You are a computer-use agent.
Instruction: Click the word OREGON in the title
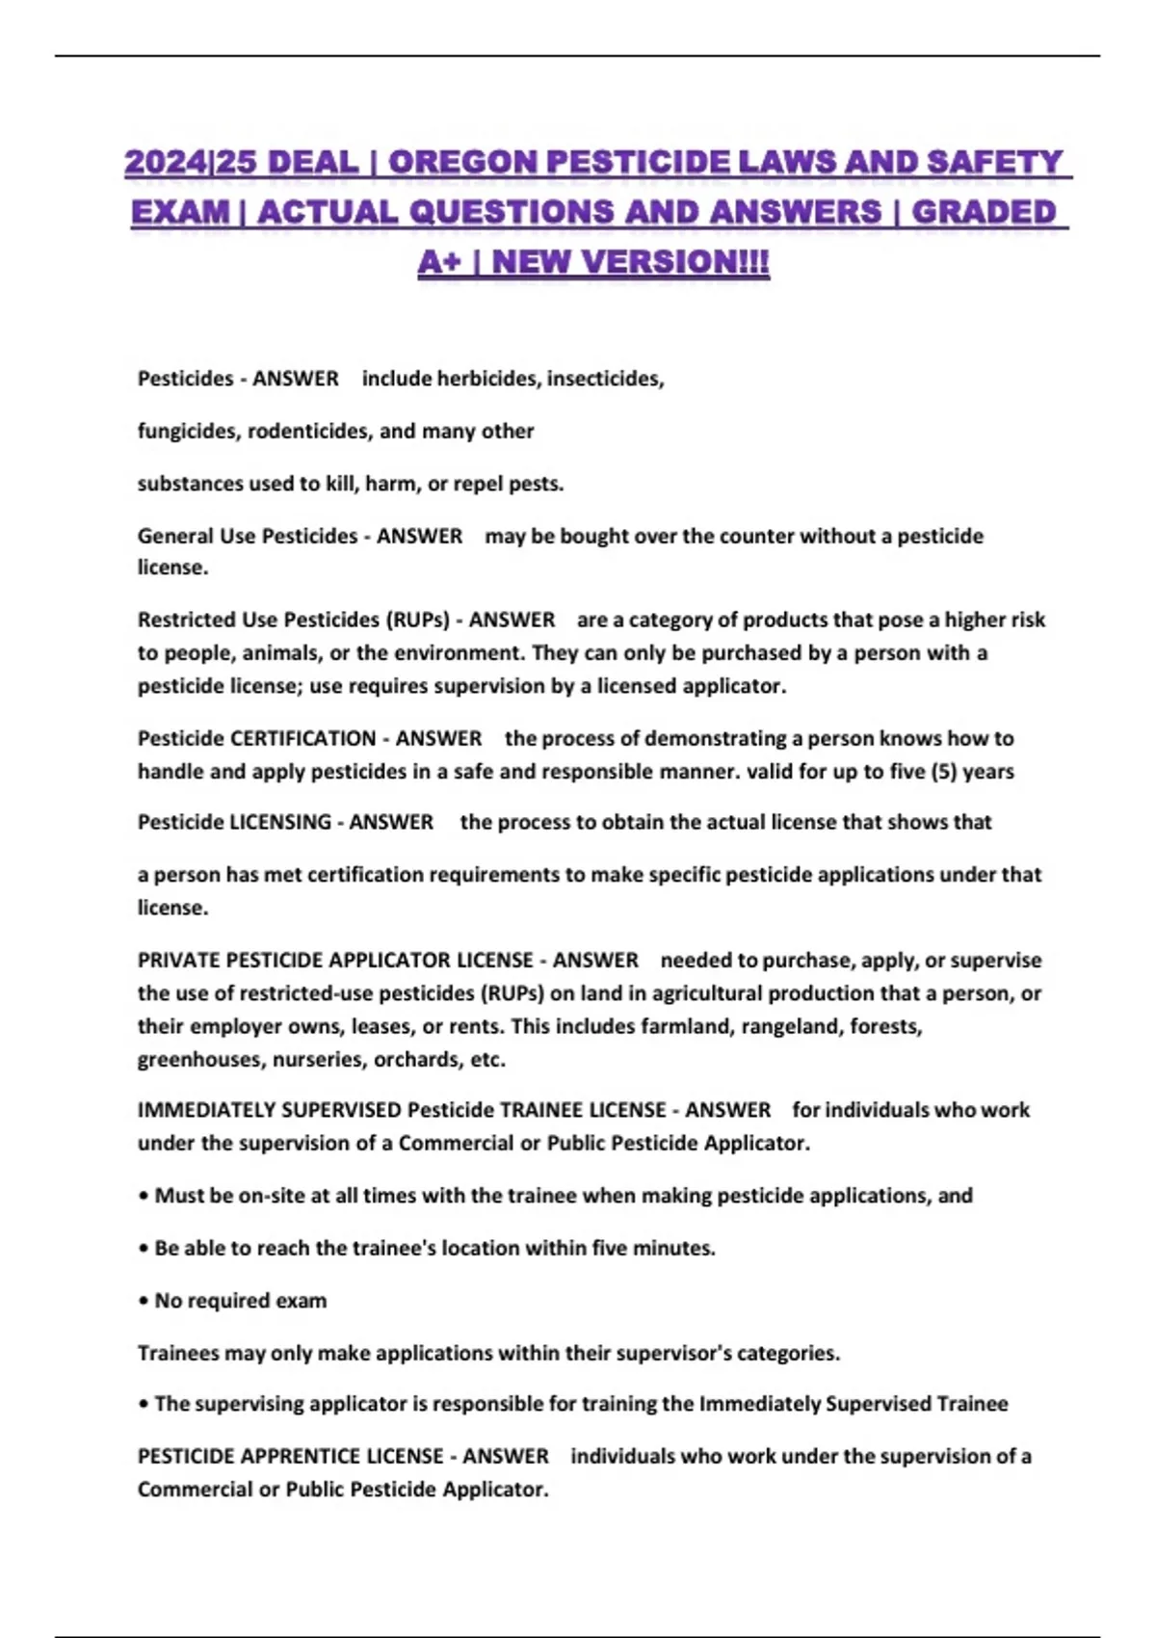(465, 162)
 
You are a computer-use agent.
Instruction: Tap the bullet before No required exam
(144, 1302)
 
